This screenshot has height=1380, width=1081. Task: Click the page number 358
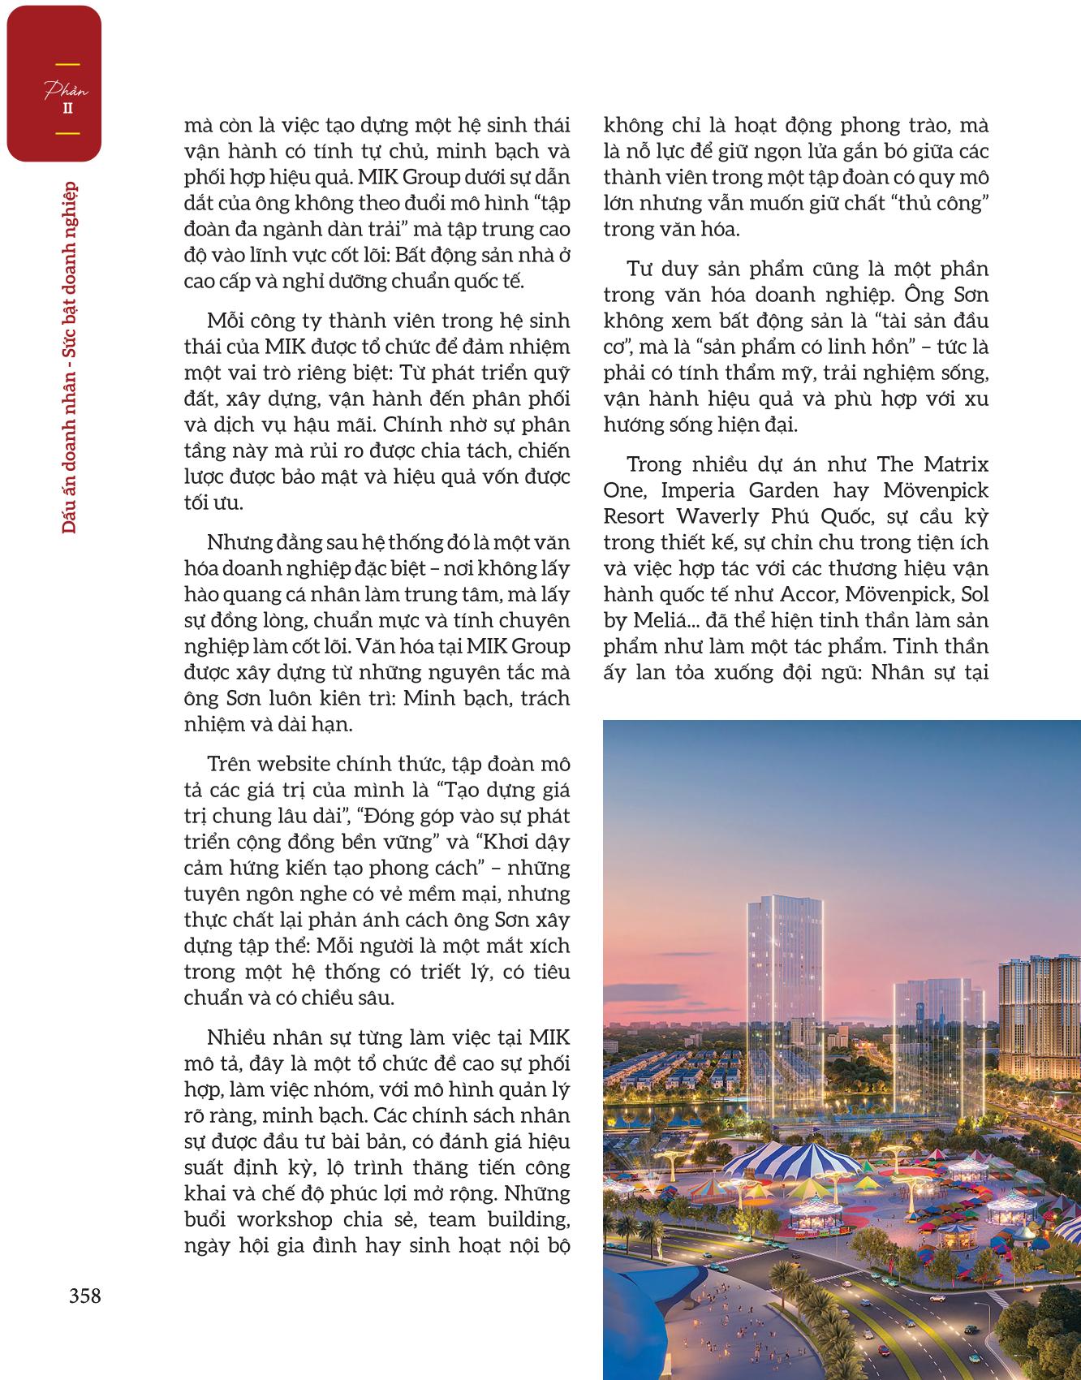[x=84, y=1296]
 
